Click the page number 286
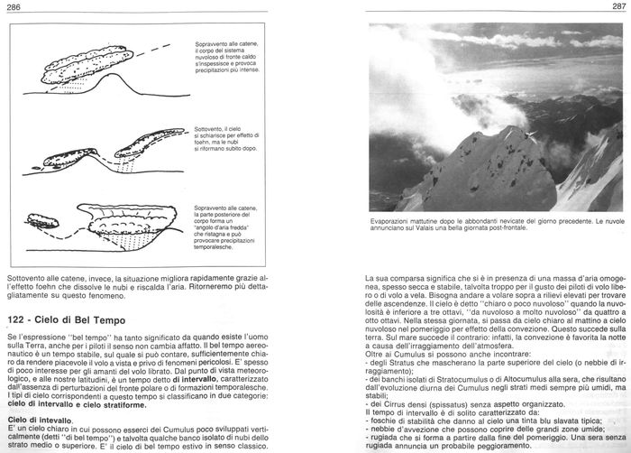coord(14,7)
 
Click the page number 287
coord(617,7)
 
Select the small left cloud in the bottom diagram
coord(42,220)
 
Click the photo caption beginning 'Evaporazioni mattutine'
coord(497,222)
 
